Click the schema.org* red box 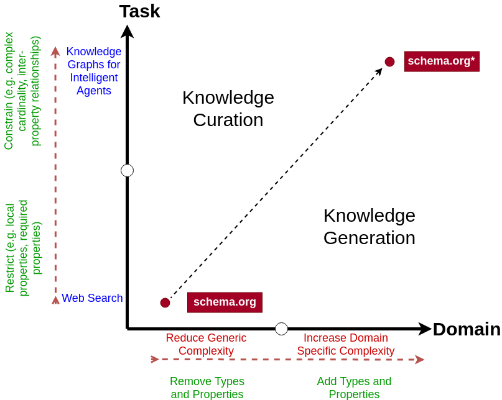pyautogui.click(x=442, y=61)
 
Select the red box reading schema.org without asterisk pyautogui.click(x=225, y=302)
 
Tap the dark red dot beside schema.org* pyautogui.click(x=389, y=61)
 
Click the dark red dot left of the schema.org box pyautogui.click(x=165, y=302)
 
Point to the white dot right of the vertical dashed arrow pyautogui.click(x=127, y=170)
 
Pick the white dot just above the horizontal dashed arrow pyautogui.click(x=281, y=329)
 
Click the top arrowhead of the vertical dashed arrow pyautogui.click(x=55, y=51)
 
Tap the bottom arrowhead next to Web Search pyautogui.click(x=55, y=300)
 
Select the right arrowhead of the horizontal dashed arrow pyautogui.click(x=420, y=360)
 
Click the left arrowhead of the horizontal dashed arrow pyautogui.click(x=155, y=359)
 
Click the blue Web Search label pyautogui.click(x=92, y=298)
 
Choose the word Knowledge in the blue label pyautogui.click(x=94, y=52)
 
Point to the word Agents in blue pyautogui.click(x=94, y=91)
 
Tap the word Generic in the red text pyautogui.click(x=226, y=338)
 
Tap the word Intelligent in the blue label pyautogui.click(x=94, y=78)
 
